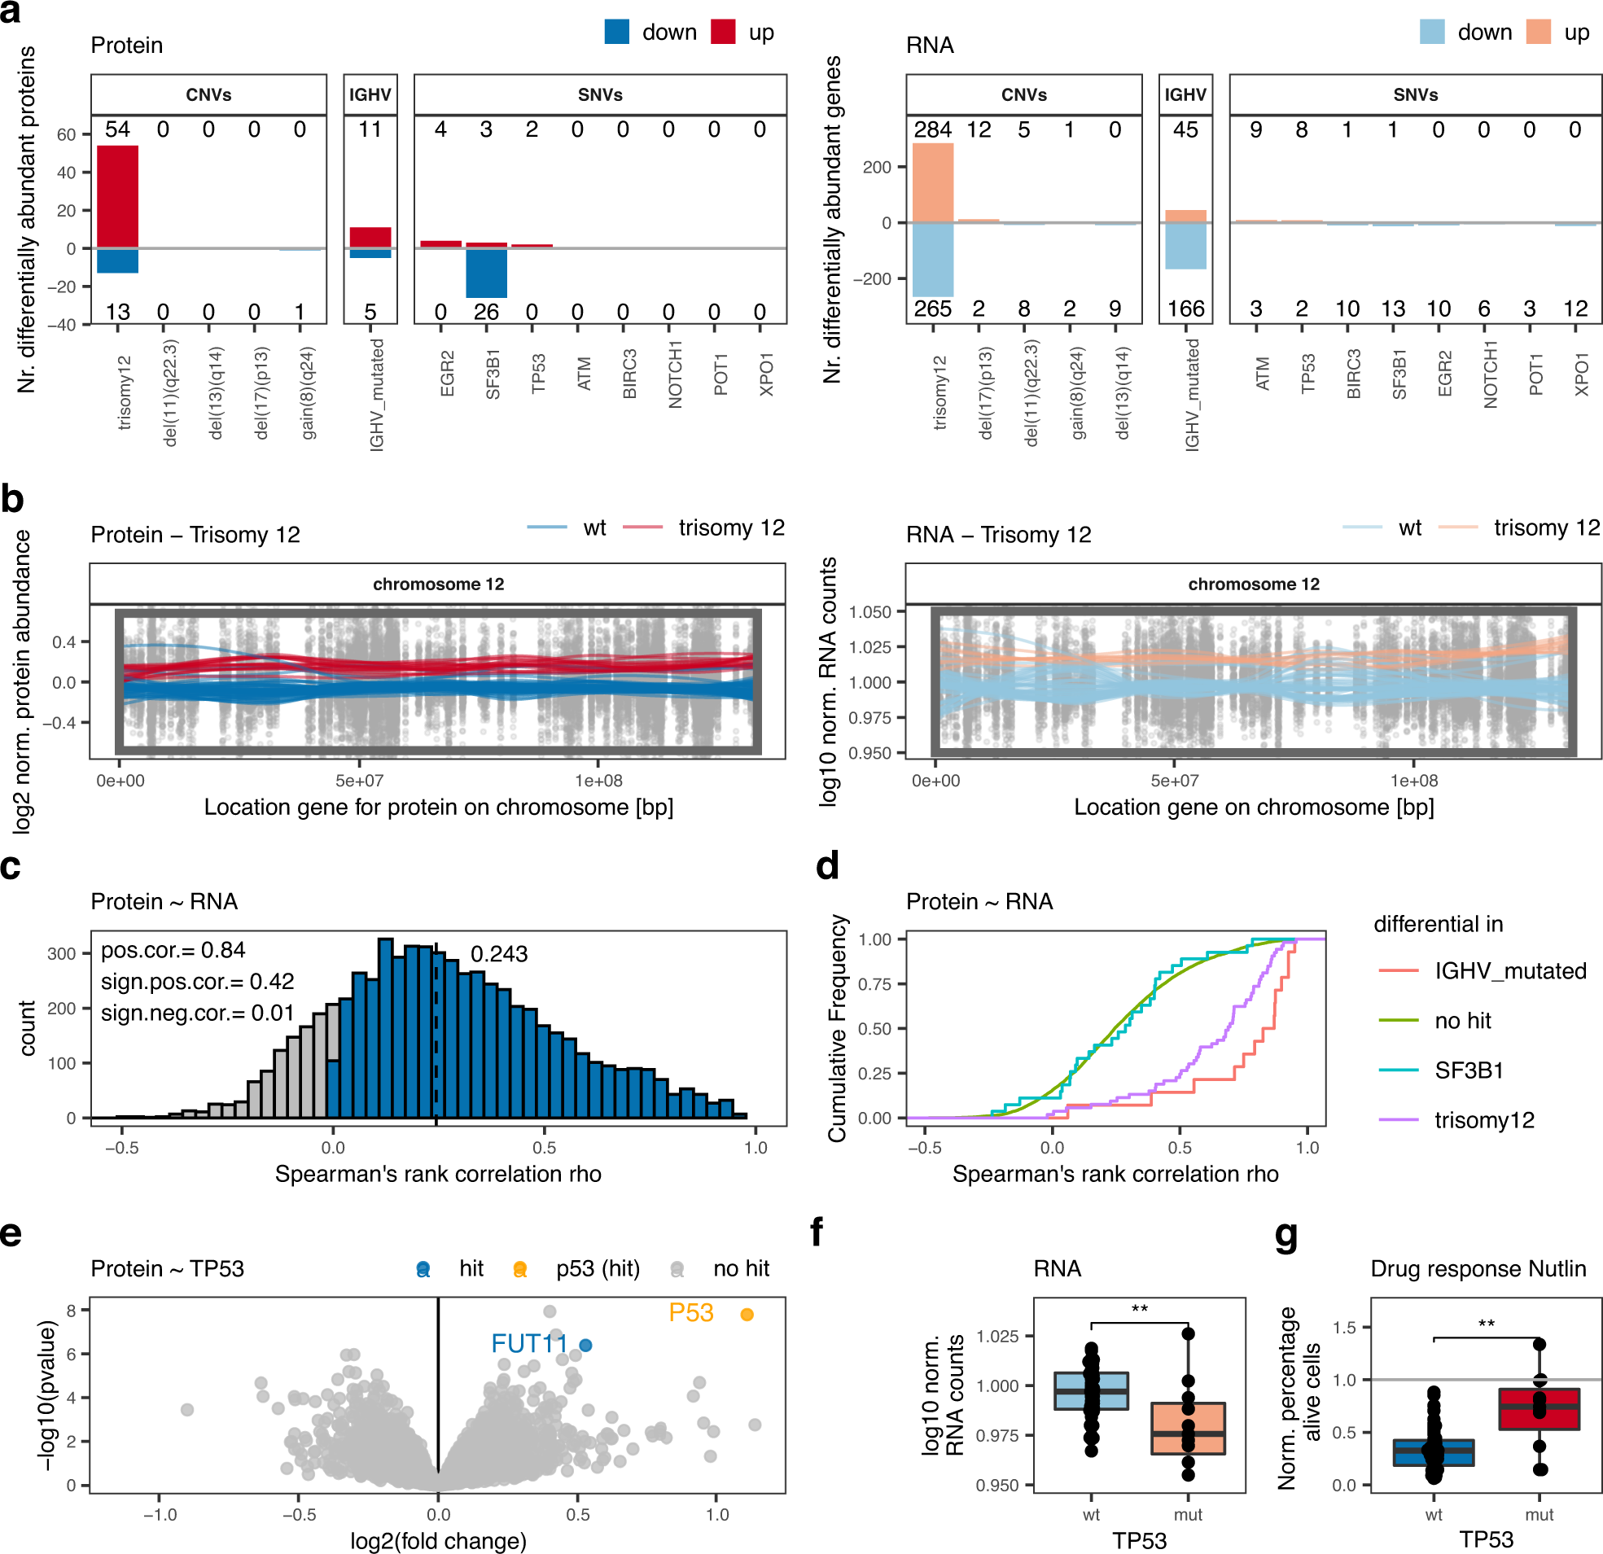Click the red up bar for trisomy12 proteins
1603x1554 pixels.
(x=117, y=196)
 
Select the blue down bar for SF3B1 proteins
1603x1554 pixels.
(x=486, y=274)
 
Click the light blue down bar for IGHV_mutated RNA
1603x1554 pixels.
(x=1185, y=245)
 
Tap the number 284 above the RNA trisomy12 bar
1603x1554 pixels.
(x=932, y=130)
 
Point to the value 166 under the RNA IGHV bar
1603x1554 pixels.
(x=1185, y=309)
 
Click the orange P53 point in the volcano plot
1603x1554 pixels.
(x=746, y=1315)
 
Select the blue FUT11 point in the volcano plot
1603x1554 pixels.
(x=585, y=1345)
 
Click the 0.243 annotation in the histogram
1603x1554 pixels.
(x=499, y=954)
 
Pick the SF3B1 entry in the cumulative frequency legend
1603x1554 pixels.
(x=1469, y=1070)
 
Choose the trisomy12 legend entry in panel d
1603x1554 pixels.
(x=1483, y=1119)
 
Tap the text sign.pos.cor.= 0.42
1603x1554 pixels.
(x=197, y=982)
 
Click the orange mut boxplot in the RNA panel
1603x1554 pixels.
(x=1188, y=1428)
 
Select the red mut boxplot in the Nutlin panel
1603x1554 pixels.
(x=1539, y=1408)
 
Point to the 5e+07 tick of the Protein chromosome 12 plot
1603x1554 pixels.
(x=359, y=781)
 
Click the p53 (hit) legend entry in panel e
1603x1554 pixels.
(x=597, y=1268)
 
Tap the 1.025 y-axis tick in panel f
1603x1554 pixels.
(x=999, y=1336)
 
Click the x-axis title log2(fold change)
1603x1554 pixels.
(x=438, y=1541)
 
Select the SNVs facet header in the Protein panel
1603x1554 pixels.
(x=599, y=95)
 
